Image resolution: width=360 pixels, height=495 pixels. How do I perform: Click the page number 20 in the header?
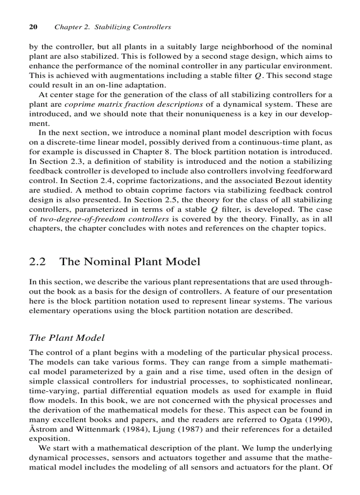pyautogui.click(x=33, y=27)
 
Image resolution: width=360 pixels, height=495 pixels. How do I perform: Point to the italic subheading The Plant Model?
pyautogui.click(x=67, y=338)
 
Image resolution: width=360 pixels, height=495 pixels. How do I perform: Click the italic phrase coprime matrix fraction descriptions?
pyautogui.click(x=134, y=104)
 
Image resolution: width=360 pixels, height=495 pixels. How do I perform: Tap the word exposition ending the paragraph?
pyautogui.click(x=49, y=439)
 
